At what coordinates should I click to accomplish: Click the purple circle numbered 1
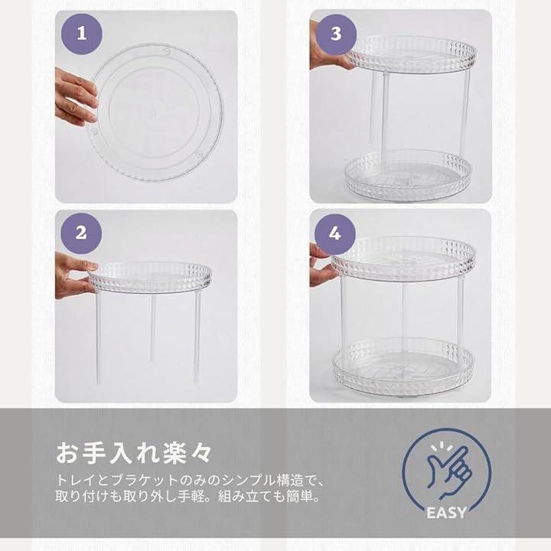(82, 34)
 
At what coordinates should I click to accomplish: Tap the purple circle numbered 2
(81, 233)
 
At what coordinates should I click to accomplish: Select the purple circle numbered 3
(336, 34)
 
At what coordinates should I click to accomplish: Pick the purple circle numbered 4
(335, 234)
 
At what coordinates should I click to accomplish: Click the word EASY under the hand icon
(446, 513)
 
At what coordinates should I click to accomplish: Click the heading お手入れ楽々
(133, 453)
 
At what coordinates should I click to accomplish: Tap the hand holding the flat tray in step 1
(76, 97)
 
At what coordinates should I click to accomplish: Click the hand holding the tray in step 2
(74, 275)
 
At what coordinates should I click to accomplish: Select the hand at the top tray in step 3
(328, 49)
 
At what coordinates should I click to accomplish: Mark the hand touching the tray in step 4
(323, 266)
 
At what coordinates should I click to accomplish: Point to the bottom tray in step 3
(408, 176)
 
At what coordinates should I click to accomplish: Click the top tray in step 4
(403, 259)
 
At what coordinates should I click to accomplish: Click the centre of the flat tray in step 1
(155, 112)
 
